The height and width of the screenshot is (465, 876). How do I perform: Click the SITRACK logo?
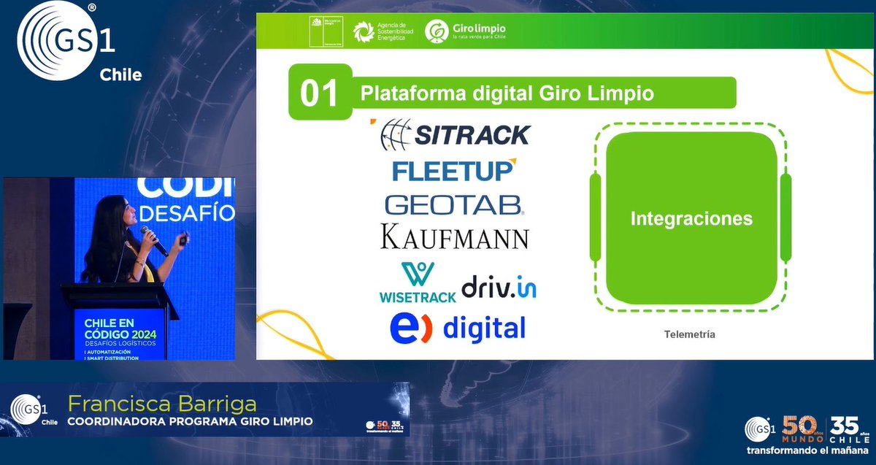click(x=456, y=134)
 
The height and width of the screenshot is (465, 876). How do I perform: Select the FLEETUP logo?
click(x=453, y=170)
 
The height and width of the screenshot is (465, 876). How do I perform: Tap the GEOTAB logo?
click(x=454, y=204)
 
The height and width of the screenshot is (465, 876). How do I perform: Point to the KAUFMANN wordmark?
click(x=454, y=237)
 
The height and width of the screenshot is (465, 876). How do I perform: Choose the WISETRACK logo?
click(x=417, y=283)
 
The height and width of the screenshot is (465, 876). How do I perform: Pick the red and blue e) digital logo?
click(x=457, y=328)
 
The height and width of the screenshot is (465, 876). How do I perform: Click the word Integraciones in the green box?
click(x=691, y=218)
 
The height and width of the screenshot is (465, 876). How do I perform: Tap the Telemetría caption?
click(x=689, y=334)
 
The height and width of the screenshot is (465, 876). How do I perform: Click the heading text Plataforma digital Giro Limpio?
click(x=507, y=93)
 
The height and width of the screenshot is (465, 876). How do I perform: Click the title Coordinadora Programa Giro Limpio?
click(x=190, y=421)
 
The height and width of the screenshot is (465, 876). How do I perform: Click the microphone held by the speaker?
click(x=153, y=241)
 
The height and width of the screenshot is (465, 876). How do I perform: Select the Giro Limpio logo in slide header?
click(x=466, y=31)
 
